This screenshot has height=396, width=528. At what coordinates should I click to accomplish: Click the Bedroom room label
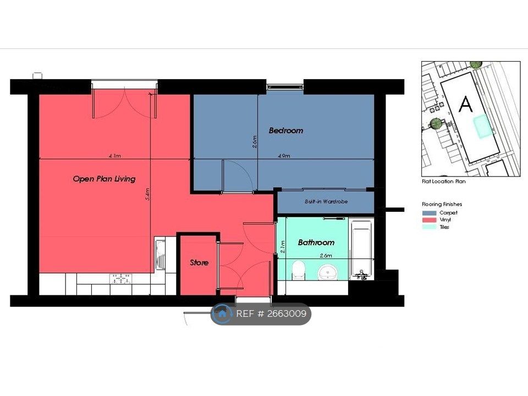coord(286,130)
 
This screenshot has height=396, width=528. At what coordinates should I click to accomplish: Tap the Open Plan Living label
coord(104,179)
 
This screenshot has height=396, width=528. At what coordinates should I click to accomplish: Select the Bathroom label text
coord(316,243)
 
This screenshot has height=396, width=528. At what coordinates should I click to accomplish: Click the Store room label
coord(199,263)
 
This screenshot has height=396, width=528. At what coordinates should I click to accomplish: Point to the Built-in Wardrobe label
coord(326,201)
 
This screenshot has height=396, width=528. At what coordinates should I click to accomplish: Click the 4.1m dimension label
coord(114,156)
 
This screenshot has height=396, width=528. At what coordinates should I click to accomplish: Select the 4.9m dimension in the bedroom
coord(284,156)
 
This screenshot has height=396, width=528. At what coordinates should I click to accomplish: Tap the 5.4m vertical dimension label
coord(147,194)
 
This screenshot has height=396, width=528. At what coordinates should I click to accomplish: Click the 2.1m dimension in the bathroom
coord(283,247)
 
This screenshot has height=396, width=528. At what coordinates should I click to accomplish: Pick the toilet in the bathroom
coord(298,271)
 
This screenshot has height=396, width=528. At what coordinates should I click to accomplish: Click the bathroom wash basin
coord(328,272)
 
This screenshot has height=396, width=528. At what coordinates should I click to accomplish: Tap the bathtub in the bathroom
coord(361,250)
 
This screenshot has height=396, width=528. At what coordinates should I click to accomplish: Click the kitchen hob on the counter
coord(120,279)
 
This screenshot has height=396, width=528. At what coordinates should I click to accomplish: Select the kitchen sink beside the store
coord(160,254)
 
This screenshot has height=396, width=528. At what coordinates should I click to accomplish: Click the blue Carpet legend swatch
coord(430,213)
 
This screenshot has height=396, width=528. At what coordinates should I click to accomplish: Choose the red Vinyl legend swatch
coord(430,220)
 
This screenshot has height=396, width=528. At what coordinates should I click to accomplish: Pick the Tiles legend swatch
coord(430,227)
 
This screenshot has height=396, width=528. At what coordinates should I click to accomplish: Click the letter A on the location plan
coord(466,104)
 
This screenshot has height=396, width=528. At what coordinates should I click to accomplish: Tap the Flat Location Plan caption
coord(443,181)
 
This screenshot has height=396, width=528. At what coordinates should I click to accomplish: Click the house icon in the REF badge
coord(222,314)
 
